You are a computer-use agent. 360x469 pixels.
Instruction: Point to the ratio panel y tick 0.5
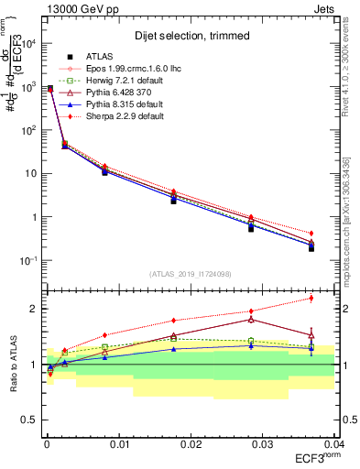coord(30,420)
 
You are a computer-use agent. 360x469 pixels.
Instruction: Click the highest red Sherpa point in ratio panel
coord(311,298)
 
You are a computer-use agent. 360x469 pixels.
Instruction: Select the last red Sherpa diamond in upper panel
coord(311,234)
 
